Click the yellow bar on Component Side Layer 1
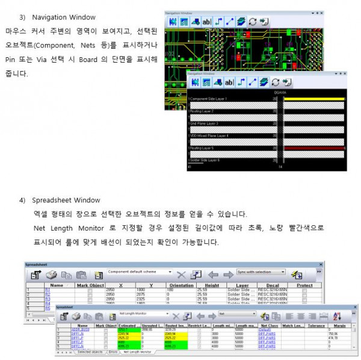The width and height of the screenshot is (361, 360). [x=313, y=98]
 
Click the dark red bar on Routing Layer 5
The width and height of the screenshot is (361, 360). [x=313, y=147]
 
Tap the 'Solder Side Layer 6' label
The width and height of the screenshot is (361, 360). [x=204, y=160]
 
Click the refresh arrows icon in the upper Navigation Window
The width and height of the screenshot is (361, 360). [x=253, y=21]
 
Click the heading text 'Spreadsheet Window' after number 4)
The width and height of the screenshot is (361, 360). [x=66, y=200]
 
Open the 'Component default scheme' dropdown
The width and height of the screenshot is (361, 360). [x=140, y=272]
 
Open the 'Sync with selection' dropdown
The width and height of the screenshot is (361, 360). [x=261, y=272]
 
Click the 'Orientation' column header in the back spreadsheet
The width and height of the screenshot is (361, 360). [x=180, y=285]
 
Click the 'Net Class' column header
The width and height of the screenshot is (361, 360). [x=267, y=326]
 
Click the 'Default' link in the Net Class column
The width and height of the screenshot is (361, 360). [x=264, y=330]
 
